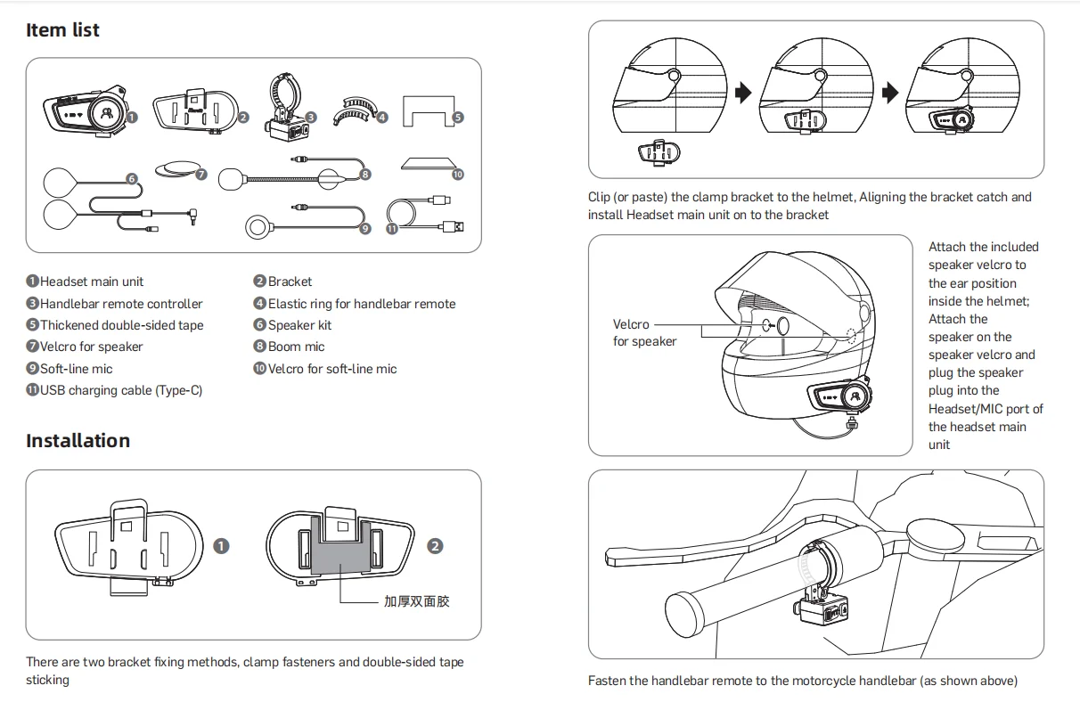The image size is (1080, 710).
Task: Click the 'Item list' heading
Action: coord(62,30)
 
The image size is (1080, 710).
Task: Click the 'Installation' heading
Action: coord(78,441)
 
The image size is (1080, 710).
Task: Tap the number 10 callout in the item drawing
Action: coord(457,175)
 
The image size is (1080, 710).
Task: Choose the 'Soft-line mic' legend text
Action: coord(76,369)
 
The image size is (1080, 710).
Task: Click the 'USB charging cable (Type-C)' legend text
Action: coord(120,390)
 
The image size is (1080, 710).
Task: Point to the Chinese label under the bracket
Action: coord(416,601)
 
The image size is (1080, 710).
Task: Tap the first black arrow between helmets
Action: coord(742,92)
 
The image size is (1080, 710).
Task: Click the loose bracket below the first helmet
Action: coord(658,152)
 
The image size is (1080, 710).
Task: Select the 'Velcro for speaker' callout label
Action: coord(644,333)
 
